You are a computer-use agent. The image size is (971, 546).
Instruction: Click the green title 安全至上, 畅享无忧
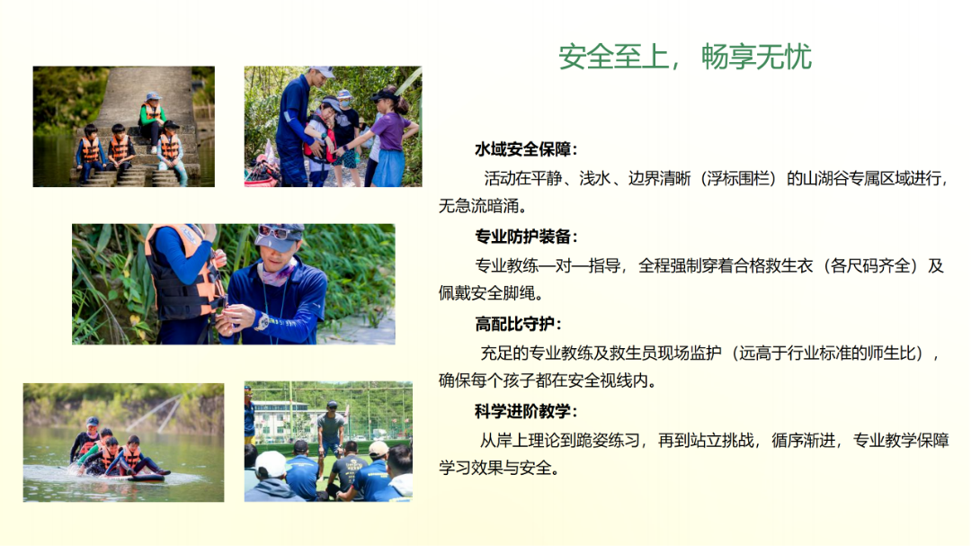[x=685, y=57]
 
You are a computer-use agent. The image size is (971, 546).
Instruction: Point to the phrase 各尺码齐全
[x=870, y=266]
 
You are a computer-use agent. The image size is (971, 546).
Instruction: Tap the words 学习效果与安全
[x=494, y=468]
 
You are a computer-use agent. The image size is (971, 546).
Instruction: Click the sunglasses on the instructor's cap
[x=273, y=232]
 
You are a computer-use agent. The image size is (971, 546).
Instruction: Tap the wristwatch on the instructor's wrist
[x=263, y=322]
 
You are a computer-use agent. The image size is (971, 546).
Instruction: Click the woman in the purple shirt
[x=389, y=138]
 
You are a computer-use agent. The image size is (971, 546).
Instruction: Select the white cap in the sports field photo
[x=271, y=462]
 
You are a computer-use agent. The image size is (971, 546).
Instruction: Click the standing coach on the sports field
[x=331, y=427]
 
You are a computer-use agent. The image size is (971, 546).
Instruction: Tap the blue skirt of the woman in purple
[x=390, y=168]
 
